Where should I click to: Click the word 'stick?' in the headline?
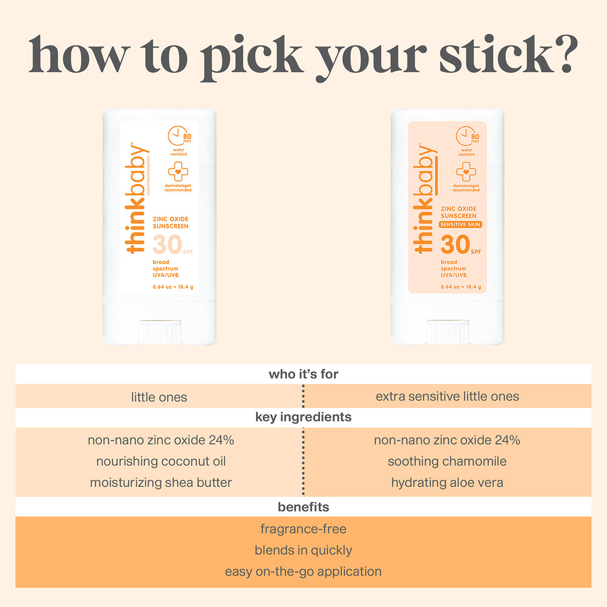click(x=508, y=56)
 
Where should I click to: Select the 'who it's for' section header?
click(x=303, y=374)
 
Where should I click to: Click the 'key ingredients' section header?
click(x=303, y=417)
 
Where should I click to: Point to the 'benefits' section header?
click(x=303, y=507)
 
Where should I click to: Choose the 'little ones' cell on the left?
click(x=159, y=397)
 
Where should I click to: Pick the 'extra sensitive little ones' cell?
click(x=447, y=397)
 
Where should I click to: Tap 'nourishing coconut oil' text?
click(x=161, y=461)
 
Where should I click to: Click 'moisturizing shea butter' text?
click(x=161, y=483)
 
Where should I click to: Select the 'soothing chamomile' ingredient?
click(x=447, y=461)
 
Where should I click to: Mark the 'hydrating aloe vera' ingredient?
click(x=447, y=483)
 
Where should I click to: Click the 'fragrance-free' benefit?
click(x=303, y=529)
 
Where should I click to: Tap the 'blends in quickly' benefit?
click(x=303, y=550)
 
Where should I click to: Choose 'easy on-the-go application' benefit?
click(x=303, y=572)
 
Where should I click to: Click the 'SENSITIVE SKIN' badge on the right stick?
click(x=460, y=225)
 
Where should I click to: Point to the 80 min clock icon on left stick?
click(x=178, y=136)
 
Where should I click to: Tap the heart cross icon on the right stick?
click(x=466, y=172)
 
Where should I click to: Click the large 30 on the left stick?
click(x=167, y=245)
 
